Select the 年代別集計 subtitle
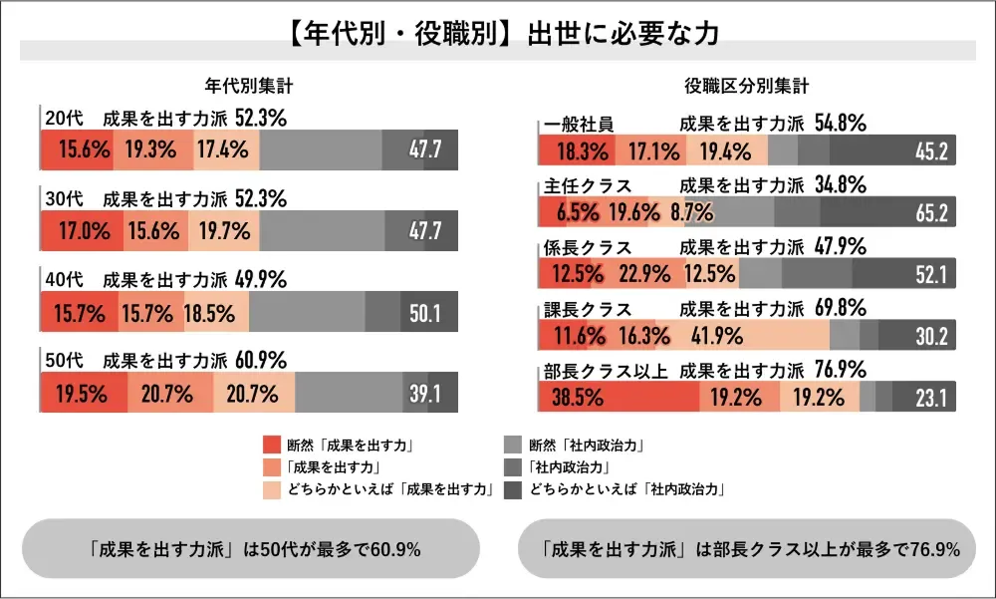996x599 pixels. click(248, 87)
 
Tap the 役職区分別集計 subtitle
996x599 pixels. click(746, 87)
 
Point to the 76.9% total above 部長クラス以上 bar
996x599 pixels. click(840, 370)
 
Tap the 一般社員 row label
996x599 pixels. click(580, 125)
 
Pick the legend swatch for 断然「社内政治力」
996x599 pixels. click(513, 446)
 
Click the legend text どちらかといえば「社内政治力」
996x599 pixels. click(626, 489)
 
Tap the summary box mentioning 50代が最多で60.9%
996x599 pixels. click(250, 548)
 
